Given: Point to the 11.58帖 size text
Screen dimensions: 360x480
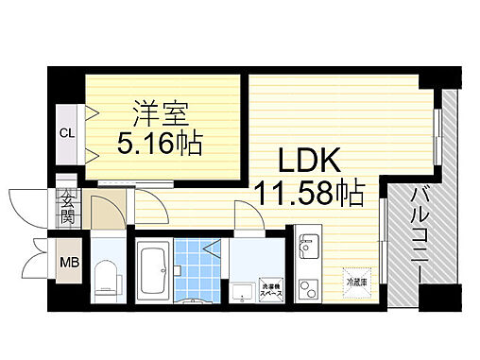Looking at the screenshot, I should (308, 195).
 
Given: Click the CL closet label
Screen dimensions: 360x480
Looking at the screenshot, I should (66, 132).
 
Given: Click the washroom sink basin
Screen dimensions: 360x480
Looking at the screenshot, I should (240, 288).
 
